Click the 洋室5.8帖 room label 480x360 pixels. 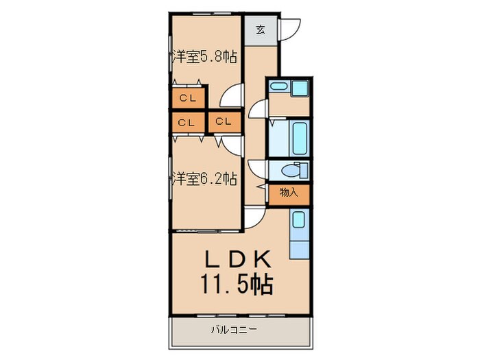204,57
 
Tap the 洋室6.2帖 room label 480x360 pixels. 204,179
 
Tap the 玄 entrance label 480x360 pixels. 261,29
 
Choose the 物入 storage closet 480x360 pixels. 288,194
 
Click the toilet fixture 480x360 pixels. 295,170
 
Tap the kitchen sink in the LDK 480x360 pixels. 298,220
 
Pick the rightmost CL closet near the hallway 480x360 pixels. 224,122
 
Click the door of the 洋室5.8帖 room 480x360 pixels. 234,94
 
